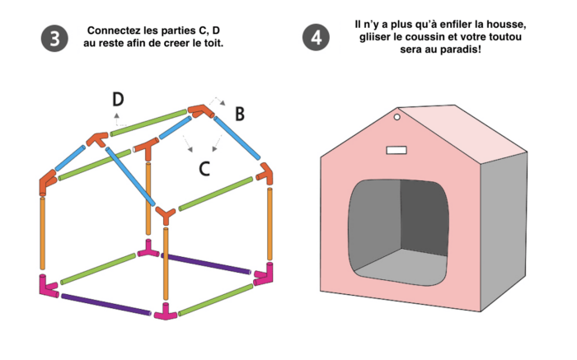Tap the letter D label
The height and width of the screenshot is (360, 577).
coord(119,100)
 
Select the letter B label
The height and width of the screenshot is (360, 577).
coord(240,114)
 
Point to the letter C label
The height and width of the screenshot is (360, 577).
coord(206,169)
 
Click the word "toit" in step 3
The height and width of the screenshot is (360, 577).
coord(212,42)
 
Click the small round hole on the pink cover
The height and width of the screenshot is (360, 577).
coord(396,119)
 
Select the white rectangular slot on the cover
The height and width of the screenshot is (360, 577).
coord(397,149)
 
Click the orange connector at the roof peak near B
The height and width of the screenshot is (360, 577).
coord(198,110)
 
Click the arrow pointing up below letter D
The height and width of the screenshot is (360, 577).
coord(116,117)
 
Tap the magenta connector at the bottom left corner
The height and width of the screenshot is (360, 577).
coord(45,286)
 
